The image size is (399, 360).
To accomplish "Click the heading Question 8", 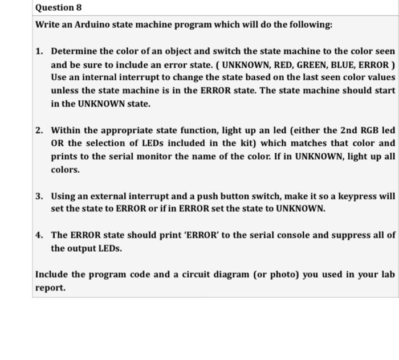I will tap(54, 7).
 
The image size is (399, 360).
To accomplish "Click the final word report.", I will tap(50, 288).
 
